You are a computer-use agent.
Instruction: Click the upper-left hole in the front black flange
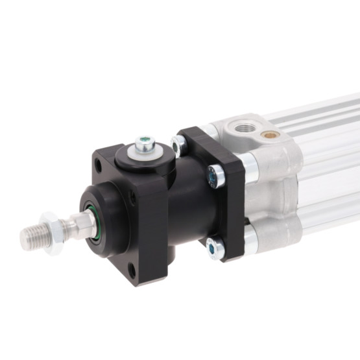click(97, 166)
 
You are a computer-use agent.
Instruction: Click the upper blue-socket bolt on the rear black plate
click(213, 175)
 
